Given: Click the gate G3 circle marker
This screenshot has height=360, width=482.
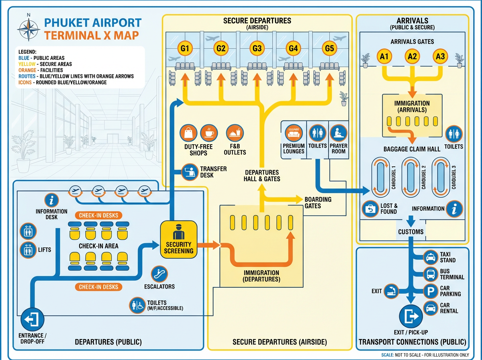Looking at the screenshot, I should click(257, 49).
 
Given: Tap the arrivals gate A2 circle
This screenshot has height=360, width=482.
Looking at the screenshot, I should click(412, 57).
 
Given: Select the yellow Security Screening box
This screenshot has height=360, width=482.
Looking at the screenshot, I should click(179, 239).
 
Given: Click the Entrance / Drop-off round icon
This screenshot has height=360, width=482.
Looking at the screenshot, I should click(32, 320).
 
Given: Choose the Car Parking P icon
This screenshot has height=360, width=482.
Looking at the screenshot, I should click(431, 291).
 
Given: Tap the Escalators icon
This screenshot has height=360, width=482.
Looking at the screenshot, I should click(159, 274).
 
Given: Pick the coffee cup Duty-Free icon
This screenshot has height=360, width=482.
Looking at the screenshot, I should click(208, 133).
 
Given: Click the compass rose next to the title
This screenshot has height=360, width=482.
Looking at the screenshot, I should click(29, 29).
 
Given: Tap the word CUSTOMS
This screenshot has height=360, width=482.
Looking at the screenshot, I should click(411, 232).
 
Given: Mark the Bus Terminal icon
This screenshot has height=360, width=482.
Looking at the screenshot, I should click(431, 274).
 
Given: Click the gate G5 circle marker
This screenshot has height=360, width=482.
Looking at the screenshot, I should click(329, 49).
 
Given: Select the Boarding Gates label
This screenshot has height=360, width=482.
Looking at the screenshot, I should click(318, 202).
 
